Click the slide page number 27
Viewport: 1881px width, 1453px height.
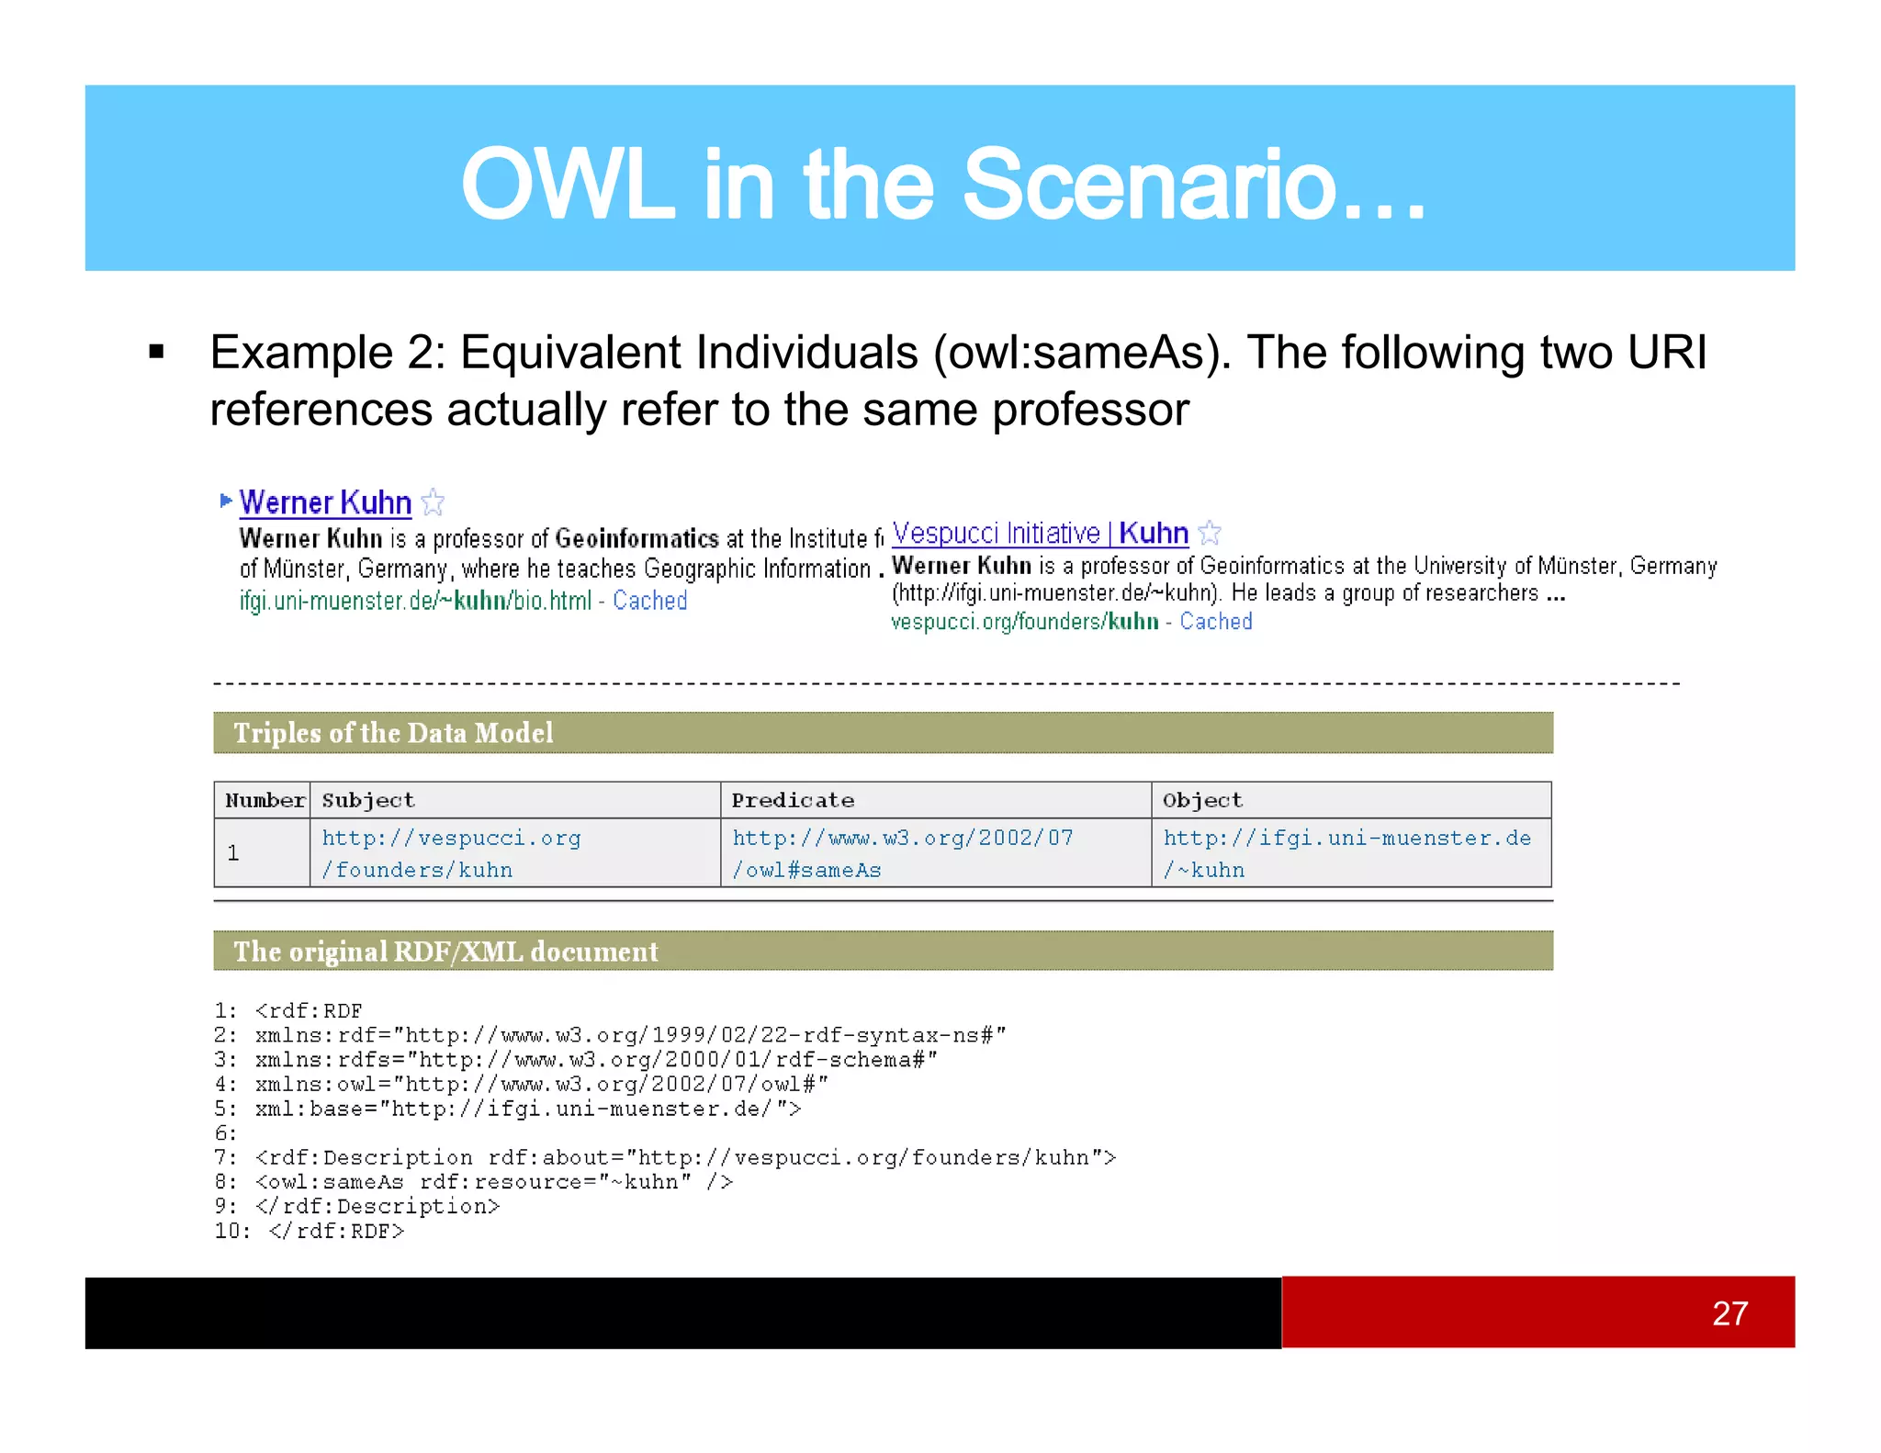click(1729, 1313)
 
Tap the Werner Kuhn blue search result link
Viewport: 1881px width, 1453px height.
click(325, 502)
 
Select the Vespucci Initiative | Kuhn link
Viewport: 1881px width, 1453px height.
click(1040, 533)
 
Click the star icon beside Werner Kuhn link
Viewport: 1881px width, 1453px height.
click(433, 502)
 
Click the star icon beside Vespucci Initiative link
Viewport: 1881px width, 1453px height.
click(1210, 533)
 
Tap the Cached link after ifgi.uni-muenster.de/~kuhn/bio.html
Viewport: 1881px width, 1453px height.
click(649, 601)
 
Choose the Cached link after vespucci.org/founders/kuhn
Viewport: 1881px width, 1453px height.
click(1215, 622)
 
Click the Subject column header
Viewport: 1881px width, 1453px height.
click(368, 800)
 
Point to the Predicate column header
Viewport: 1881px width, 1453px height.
click(793, 800)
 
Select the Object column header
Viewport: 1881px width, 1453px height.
click(1202, 800)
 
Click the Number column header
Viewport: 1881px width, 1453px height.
click(265, 800)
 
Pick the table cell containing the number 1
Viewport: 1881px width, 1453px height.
click(233, 853)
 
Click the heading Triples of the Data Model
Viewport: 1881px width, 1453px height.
click(393, 733)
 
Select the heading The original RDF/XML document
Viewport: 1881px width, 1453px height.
click(445, 952)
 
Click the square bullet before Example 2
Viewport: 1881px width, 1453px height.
click(157, 352)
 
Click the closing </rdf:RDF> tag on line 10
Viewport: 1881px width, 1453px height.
click(336, 1231)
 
